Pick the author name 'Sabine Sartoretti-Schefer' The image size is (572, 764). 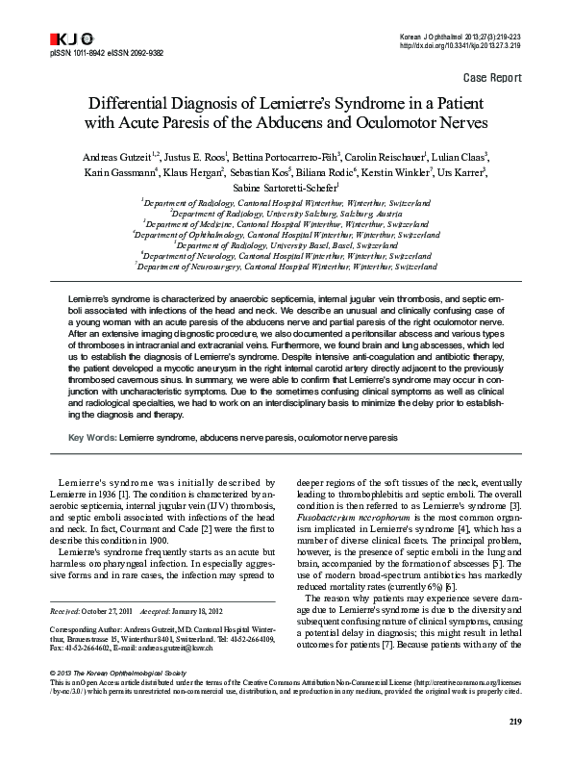(286, 188)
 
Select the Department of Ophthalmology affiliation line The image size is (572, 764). (286, 234)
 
